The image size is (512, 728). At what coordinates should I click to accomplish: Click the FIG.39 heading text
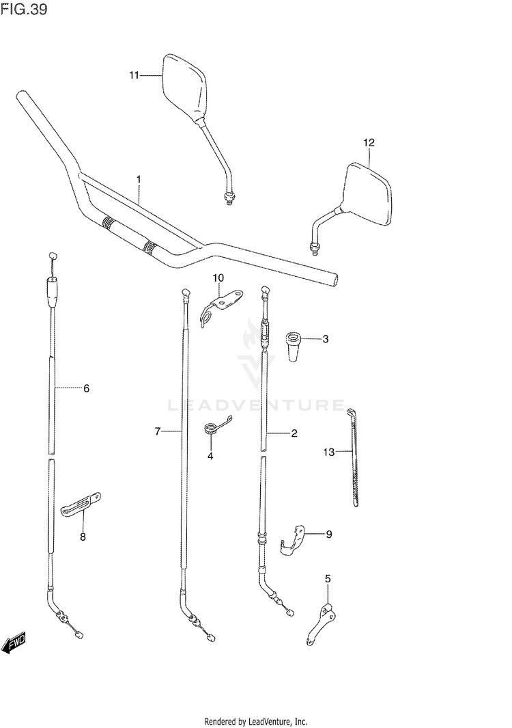pos(24,12)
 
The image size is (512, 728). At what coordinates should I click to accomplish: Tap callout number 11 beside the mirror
pos(134,75)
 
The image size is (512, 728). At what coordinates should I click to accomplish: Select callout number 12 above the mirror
pos(369,143)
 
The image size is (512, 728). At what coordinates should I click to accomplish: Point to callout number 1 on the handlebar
pos(139,180)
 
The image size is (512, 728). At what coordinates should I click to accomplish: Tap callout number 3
pos(326,338)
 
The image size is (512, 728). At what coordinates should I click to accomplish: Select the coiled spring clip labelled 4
pos(214,429)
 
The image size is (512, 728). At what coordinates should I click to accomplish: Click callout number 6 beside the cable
pos(86,389)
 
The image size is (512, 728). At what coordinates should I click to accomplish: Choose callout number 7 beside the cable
pos(157,431)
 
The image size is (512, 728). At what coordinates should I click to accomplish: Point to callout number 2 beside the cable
pos(294,433)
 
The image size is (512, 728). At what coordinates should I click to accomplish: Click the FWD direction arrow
pos(14,643)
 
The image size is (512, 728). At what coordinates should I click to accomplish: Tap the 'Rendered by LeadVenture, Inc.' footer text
pos(256,721)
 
